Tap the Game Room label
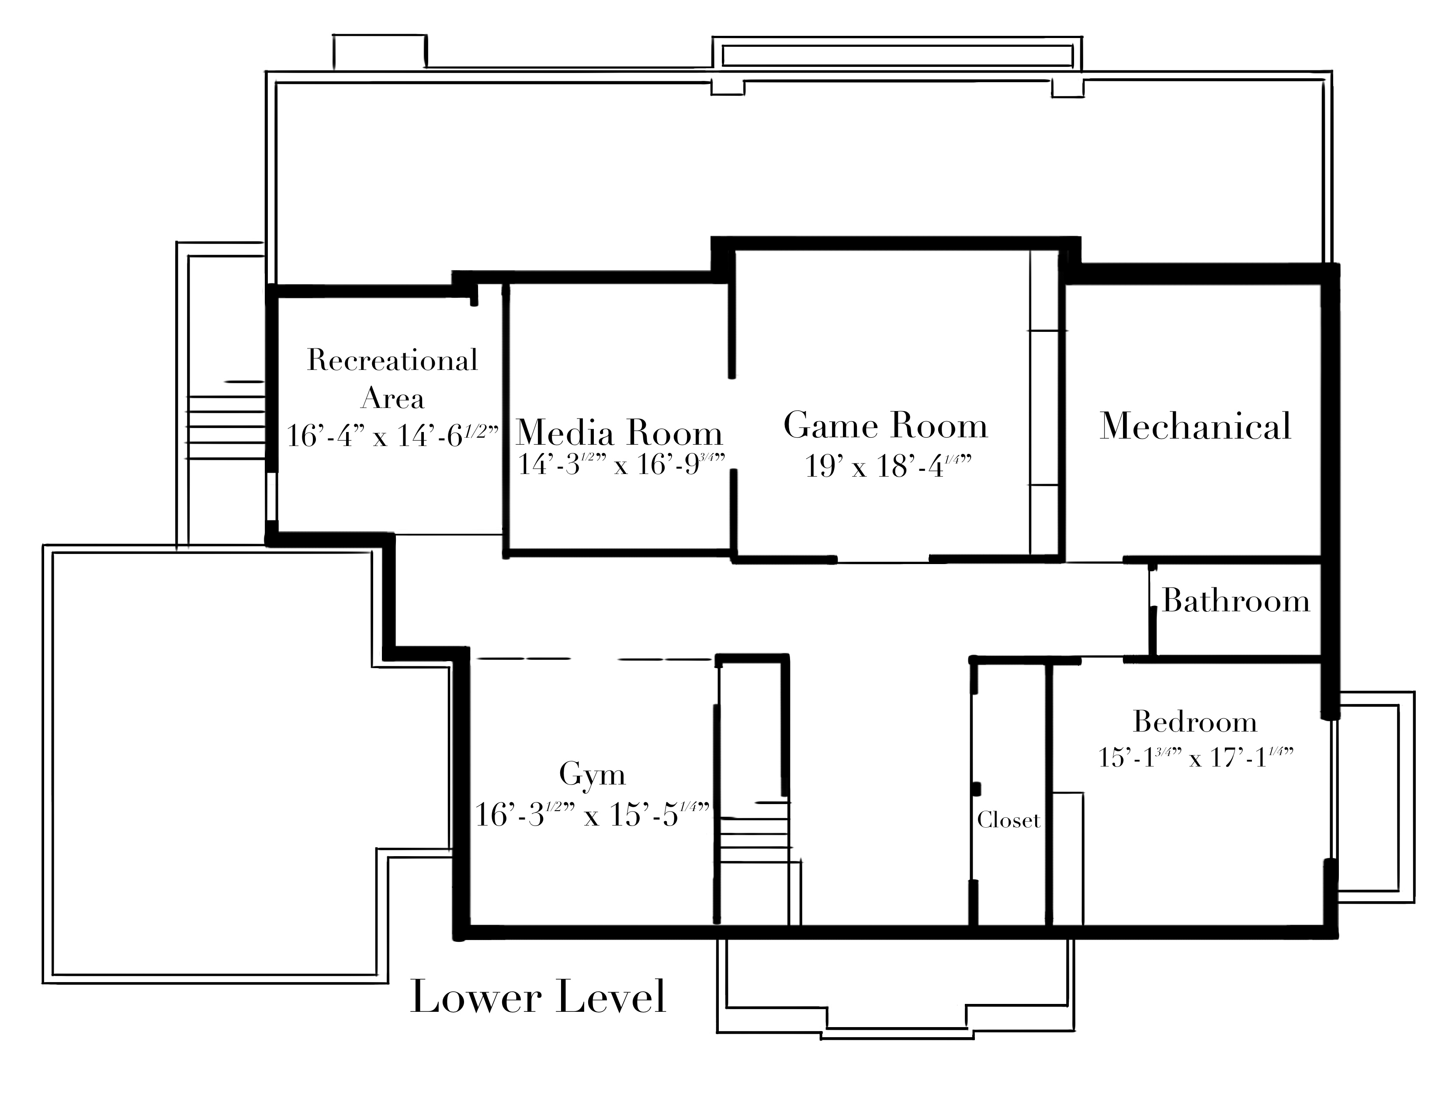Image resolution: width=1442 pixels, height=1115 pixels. point(885,425)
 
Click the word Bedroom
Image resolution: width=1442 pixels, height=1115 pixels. point(1195,721)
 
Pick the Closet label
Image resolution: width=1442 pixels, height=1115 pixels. point(1008,820)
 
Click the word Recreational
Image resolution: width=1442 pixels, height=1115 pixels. point(392,360)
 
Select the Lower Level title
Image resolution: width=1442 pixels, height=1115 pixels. point(538,997)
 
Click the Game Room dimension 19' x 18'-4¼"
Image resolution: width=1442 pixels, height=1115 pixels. point(888,466)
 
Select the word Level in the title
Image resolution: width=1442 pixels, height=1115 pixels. point(611,997)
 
